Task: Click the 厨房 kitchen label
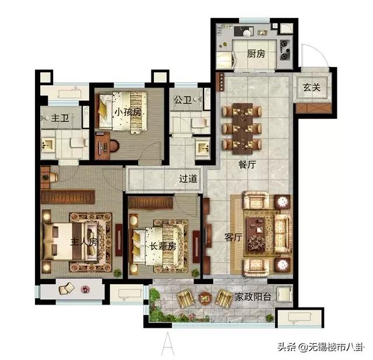coord(256,54)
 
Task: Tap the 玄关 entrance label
coord(312,88)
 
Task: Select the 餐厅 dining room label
coord(247,165)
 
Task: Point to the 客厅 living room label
coord(234,237)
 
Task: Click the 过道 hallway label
coord(188,179)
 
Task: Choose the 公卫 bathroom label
coord(182,100)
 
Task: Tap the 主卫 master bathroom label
coord(60,118)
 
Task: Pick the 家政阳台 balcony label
coord(253,296)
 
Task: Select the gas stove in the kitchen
coord(284,50)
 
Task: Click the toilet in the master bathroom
coord(79,142)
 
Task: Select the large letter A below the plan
coord(168,343)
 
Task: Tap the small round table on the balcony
coord(205,298)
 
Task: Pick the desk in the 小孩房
coord(103,145)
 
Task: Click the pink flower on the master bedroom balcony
coord(85,289)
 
